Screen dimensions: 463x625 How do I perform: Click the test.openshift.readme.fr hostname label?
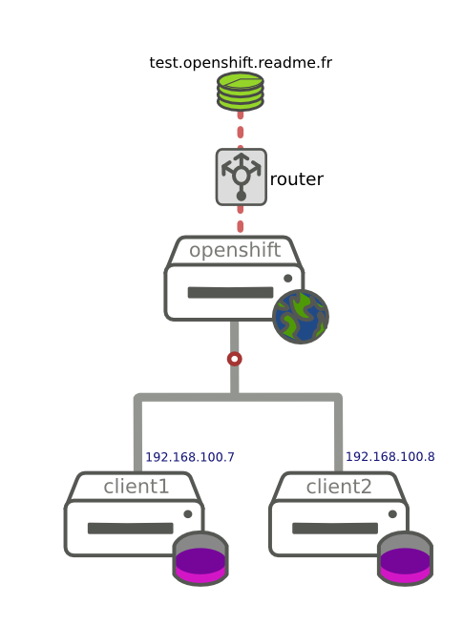[x=241, y=63]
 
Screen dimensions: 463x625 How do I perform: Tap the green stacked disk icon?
[x=241, y=92]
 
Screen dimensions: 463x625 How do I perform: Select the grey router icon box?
[x=241, y=177]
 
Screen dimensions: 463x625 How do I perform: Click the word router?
[x=296, y=179]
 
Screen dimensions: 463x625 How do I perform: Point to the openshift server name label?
[x=235, y=250]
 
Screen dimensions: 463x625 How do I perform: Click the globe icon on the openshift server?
[x=301, y=317]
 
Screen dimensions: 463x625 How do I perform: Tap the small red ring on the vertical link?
[x=235, y=359]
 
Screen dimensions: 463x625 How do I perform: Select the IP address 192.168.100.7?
[x=190, y=457]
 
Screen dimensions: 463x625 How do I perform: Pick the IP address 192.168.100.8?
[x=390, y=457]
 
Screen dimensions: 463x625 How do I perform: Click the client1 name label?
[x=137, y=487]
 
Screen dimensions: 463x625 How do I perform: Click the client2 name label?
[x=339, y=487]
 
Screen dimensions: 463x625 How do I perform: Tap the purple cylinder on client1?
[x=200, y=558]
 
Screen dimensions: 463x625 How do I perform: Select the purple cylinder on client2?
[x=405, y=558]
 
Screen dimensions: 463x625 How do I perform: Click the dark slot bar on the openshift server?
[x=230, y=293]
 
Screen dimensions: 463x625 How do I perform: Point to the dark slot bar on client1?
[x=131, y=529]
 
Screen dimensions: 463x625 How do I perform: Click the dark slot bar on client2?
[x=335, y=529]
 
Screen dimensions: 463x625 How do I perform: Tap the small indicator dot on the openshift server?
[x=287, y=279]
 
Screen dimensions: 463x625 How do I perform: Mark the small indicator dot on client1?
[x=187, y=514]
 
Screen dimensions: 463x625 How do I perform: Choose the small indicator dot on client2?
[x=392, y=514]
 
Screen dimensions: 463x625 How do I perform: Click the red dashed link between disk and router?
[x=241, y=130]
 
